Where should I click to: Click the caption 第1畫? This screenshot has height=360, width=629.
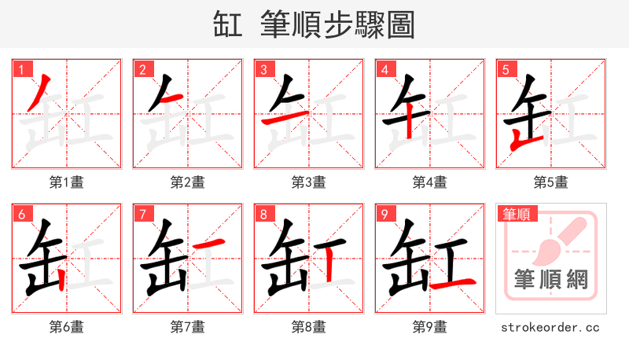[67, 182]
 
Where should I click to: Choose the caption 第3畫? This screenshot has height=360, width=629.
[309, 182]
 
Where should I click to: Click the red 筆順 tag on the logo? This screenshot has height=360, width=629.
[516, 214]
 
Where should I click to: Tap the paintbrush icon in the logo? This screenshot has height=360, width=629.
[557, 240]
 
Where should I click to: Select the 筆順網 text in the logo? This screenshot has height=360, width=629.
[550, 279]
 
